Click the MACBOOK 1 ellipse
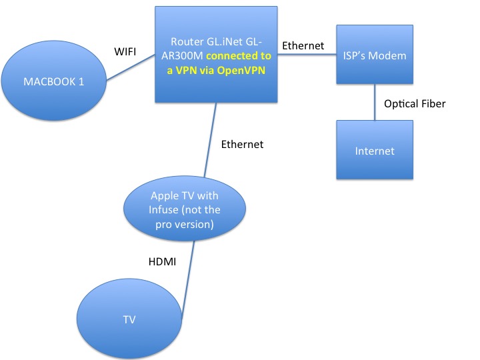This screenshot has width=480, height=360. click(x=55, y=82)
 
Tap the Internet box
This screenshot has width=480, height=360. click(x=374, y=151)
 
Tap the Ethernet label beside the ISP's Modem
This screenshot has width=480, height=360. click(x=303, y=46)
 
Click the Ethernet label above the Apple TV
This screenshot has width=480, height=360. click(x=243, y=144)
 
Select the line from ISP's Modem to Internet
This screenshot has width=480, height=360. click(x=374, y=104)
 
